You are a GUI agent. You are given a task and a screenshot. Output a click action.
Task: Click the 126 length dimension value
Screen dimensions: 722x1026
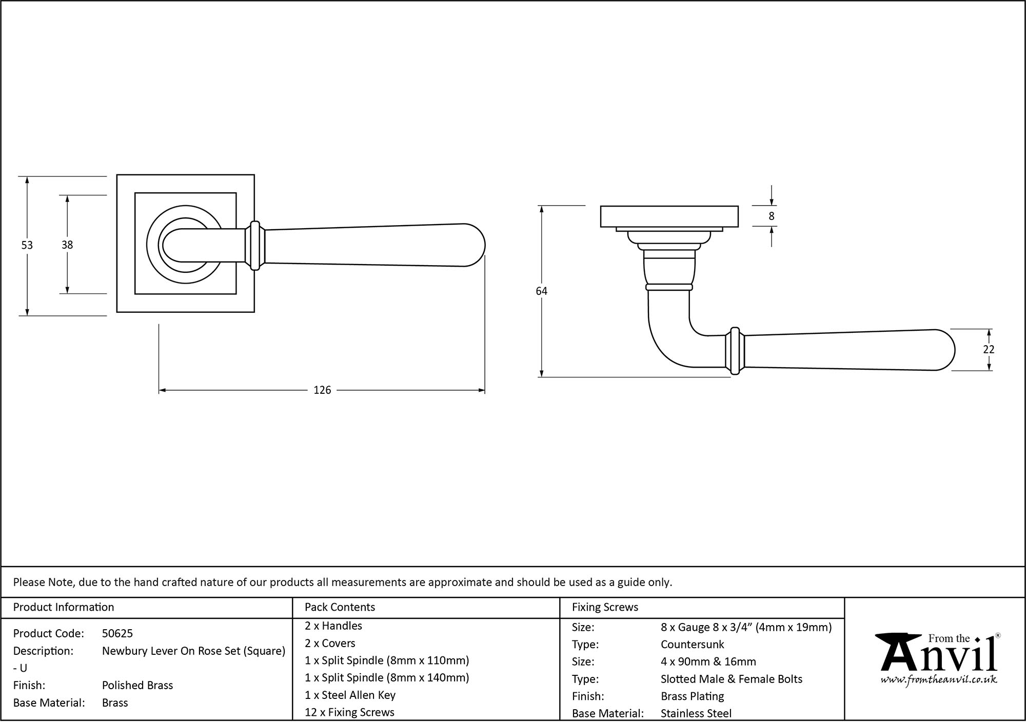pos(322,390)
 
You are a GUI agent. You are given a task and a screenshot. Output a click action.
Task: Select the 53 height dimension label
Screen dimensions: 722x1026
pos(27,246)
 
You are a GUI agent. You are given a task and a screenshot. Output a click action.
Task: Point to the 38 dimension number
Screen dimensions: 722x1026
pos(67,245)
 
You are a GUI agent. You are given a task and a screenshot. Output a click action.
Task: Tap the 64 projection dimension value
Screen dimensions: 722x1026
pos(541,291)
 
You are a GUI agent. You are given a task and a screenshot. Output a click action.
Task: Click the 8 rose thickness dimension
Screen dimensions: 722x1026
pos(771,216)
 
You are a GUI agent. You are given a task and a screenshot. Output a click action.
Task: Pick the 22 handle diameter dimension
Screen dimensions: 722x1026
pos(989,349)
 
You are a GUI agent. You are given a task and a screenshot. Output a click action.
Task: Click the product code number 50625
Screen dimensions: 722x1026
pos(117,634)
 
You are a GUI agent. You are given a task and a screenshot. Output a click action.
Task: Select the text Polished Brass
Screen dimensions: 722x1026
pos(137,686)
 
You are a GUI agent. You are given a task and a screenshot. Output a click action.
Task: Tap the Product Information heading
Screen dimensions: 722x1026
pos(64,607)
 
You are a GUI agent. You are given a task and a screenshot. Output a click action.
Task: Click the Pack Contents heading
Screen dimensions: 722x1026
pos(340,607)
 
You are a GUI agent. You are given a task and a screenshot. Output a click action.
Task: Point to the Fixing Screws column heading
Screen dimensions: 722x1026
pos(605,607)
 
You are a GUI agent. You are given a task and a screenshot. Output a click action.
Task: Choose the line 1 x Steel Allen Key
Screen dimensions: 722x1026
pos(350,695)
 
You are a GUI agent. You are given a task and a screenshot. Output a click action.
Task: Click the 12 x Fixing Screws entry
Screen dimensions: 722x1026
pos(349,712)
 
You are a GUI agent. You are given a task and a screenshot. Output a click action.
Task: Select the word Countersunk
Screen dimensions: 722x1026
pos(692,645)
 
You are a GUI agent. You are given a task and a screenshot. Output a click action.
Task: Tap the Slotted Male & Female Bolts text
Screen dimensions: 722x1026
pos(731,679)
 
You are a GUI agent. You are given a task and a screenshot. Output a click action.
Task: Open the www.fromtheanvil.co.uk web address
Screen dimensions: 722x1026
pos(938,680)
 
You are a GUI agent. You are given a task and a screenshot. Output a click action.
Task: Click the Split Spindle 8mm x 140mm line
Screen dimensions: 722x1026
pos(387,678)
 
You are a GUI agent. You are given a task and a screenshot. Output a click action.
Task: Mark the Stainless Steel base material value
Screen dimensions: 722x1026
pos(696,713)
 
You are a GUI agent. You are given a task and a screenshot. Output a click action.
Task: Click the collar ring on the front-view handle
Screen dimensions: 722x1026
pos(255,246)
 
